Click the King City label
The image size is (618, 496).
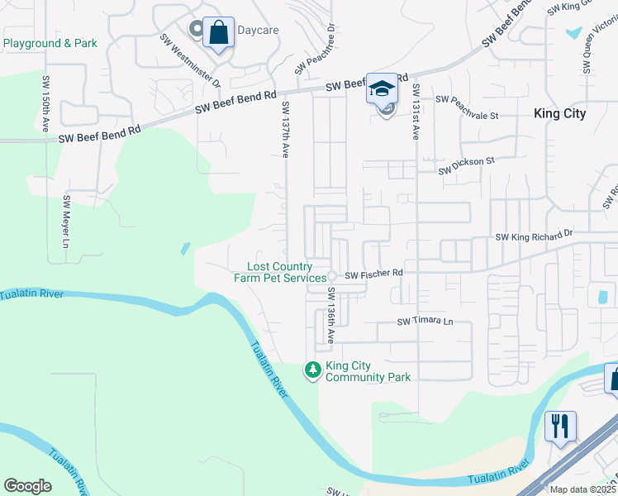pos(559,114)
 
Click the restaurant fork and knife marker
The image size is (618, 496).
pos(559,426)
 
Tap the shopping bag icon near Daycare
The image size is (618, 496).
pos(218,33)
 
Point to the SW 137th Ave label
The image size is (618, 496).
pos(286,130)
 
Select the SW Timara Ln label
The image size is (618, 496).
pos(425,322)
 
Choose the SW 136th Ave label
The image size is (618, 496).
pos(330,315)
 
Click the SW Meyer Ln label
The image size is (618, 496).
pos(67,222)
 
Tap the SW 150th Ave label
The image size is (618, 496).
pos(45,103)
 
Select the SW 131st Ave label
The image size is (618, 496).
pos(416,111)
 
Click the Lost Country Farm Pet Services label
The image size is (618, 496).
pos(281,272)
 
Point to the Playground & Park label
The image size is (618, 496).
pos(50,43)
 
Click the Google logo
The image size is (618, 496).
pos(27,486)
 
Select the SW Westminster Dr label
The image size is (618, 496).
pos(191,60)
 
